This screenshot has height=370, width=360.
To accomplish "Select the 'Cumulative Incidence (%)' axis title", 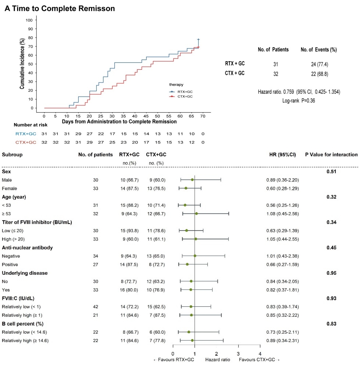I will point(22,64).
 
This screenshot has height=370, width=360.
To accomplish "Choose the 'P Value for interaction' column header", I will point(331,154).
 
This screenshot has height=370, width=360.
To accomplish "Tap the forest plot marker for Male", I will point(192,180).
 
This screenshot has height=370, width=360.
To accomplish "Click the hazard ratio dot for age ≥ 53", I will point(196,214).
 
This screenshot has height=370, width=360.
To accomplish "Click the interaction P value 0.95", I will point(331,273).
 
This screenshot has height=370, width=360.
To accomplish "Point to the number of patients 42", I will point(96,306).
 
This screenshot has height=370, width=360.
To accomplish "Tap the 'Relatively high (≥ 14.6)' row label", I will point(25,340).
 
